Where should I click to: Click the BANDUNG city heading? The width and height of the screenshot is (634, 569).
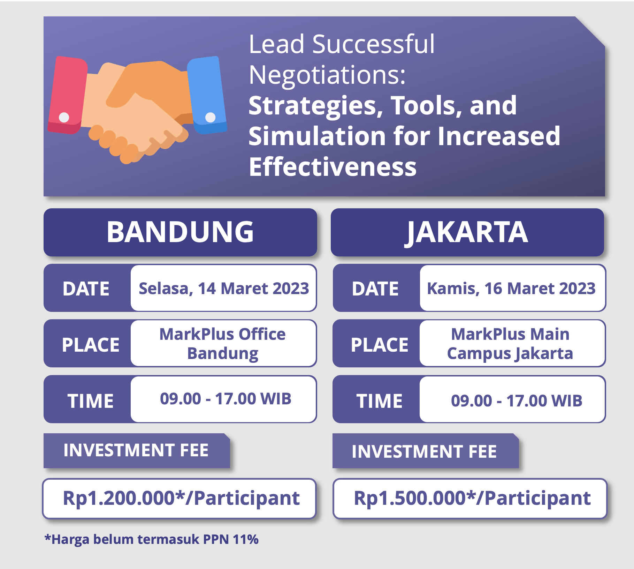(x=180, y=232)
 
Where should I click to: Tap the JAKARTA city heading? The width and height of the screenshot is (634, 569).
(x=467, y=232)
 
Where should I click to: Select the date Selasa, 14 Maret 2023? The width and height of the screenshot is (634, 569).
(x=224, y=289)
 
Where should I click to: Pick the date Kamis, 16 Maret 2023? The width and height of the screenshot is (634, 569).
(x=511, y=289)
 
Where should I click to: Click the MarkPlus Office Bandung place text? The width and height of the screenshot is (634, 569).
(x=223, y=344)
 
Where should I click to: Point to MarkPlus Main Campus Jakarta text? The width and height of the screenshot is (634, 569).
(x=510, y=344)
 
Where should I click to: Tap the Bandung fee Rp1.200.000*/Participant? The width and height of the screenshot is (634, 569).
(x=181, y=498)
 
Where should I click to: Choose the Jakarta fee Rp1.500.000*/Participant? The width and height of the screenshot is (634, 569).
(x=472, y=498)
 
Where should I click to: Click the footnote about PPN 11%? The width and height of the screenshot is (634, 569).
(x=152, y=539)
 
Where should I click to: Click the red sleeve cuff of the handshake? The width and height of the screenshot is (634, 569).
(x=67, y=95)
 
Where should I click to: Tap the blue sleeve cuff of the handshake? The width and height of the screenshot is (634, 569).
(x=207, y=95)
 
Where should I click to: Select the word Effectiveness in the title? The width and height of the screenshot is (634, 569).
(x=333, y=167)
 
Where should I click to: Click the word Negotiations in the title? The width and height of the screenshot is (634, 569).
(x=327, y=75)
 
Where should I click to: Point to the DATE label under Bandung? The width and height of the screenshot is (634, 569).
(x=86, y=289)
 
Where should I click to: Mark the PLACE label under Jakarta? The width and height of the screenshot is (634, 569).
(x=380, y=345)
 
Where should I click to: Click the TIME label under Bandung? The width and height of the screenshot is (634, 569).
(x=90, y=401)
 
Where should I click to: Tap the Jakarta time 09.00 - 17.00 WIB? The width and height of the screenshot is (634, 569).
(x=517, y=400)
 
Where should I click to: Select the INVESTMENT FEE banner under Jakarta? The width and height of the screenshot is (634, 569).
(x=425, y=451)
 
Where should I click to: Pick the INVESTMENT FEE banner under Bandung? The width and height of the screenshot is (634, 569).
(x=136, y=450)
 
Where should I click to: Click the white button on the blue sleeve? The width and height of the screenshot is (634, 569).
(x=211, y=117)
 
